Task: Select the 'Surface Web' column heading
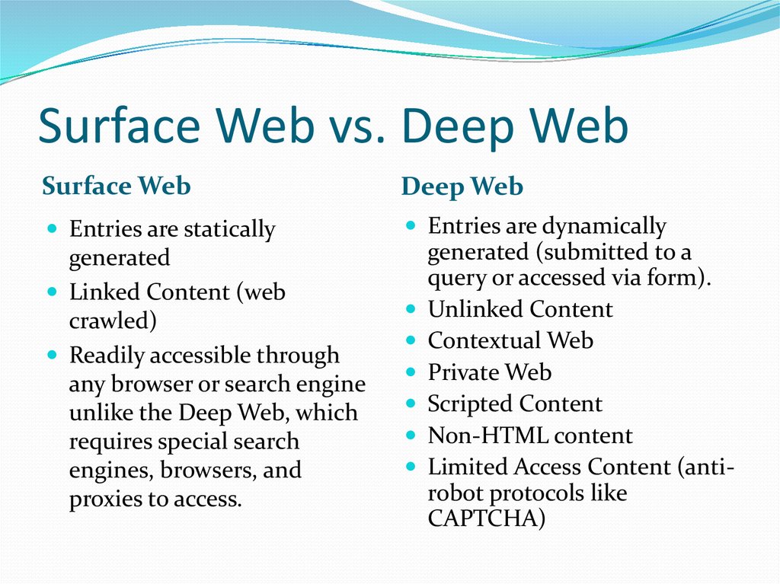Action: click(117, 186)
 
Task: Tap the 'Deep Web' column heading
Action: click(462, 187)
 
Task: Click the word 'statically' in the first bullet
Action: click(229, 229)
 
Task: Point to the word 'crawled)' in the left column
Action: click(113, 321)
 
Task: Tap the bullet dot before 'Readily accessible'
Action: click(53, 355)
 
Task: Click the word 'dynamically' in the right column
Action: click(603, 227)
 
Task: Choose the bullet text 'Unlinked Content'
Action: click(519, 309)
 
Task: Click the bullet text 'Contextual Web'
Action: click(510, 341)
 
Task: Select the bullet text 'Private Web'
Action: click(490, 372)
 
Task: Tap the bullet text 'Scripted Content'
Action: click(515, 404)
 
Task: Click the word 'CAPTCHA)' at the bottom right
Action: click(487, 518)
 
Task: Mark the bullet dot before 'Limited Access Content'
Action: click(411, 467)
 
